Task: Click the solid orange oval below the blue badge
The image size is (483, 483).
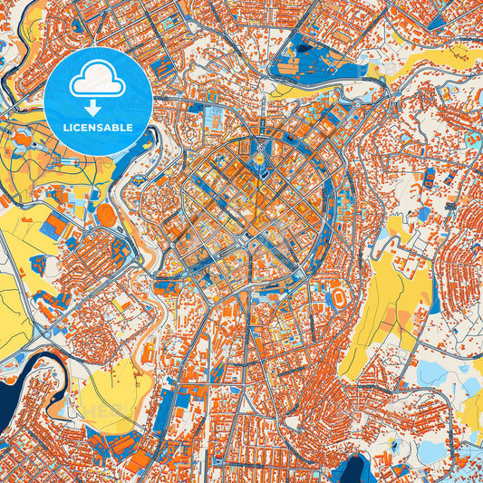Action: [x=106, y=216]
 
